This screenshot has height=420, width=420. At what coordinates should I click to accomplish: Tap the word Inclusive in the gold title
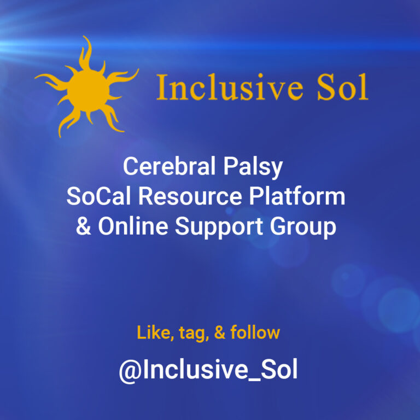(x=230, y=87)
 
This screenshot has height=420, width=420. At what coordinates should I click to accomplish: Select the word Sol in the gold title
(x=342, y=87)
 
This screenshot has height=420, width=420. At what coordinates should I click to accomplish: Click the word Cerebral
(x=170, y=166)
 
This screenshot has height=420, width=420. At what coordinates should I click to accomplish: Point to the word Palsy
(x=253, y=168)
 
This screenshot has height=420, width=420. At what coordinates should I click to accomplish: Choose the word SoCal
(x=98, y=196)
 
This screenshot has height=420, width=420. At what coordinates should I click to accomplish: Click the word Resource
(x=190, y=196)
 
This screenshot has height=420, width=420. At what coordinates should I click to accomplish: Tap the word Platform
(x=297, y=196)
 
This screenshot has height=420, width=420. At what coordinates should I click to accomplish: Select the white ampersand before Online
(x=84, y=226)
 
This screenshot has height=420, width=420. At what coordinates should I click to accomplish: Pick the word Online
(x=133, y=226)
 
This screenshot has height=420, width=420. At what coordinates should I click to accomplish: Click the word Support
(x=219, y=227)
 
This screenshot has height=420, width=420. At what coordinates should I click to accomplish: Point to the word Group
(x=303, y=227)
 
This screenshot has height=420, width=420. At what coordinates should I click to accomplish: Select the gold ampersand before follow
(x=220, y=332)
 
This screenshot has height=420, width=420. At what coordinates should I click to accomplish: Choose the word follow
(x=255, y=332)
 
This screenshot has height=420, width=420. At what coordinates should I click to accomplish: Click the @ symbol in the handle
(x=130, y=371)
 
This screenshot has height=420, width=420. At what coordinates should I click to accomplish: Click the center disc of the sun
(x=88, y=91)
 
